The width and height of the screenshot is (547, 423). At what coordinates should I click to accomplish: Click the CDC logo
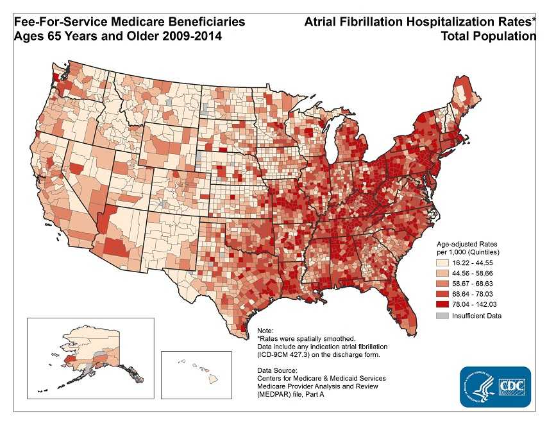tap(495, 386)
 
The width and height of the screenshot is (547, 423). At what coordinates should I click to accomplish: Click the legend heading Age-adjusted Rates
tap(471, 245)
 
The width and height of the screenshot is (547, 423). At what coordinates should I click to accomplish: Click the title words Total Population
tap(489, 37)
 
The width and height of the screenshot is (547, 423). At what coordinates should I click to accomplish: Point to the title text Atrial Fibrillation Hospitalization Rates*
tap(420, 22)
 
